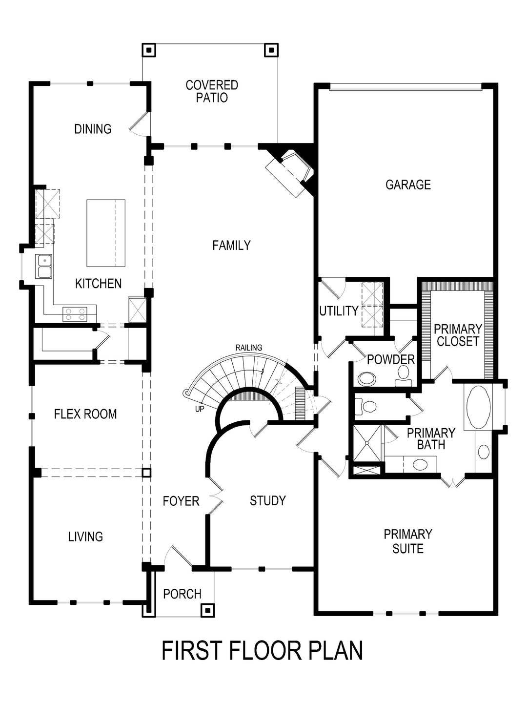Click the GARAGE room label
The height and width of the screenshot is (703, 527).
[408, 185]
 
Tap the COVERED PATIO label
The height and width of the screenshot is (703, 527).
[212, 91]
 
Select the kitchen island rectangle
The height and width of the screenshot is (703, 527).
[105, 233]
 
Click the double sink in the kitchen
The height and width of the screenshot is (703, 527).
[44, 266]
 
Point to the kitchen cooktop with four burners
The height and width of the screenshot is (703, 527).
[75, 313]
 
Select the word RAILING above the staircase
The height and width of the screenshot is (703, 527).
[249, 348]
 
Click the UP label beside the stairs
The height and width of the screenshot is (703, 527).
[200, 409]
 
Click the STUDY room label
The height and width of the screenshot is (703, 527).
[267, 500]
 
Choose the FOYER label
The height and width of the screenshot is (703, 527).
[181, 501]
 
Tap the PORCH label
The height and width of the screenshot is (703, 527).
[182, 594]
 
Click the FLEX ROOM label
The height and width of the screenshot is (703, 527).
[85, 414]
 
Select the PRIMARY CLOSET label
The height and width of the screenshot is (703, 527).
[458, 335]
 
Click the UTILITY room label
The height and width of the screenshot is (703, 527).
[339, 311]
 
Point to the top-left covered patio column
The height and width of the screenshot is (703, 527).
[149, 50]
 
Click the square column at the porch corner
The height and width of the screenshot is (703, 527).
[208, 610]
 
